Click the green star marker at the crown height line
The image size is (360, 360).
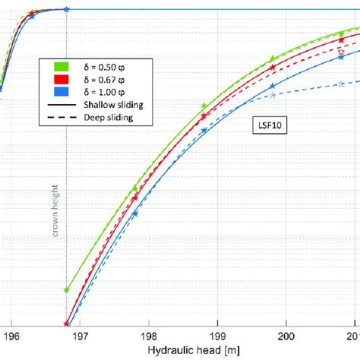point(67,289)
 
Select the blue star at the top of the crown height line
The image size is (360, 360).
point(67,9)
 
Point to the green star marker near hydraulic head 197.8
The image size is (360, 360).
point(135,188)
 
